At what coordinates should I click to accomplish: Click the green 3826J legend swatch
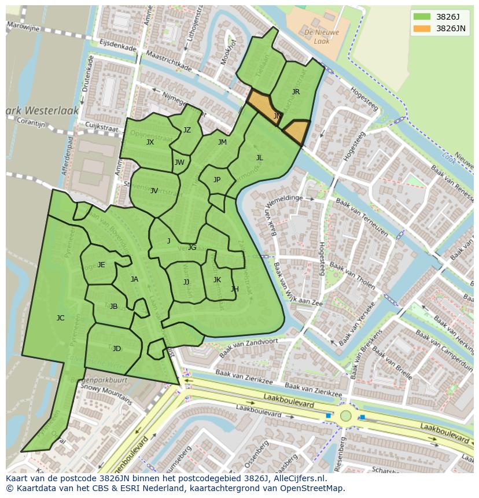(x=422, y=17)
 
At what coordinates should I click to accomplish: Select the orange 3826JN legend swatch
(x=422, y=28)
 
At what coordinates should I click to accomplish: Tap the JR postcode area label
(x=296, y=92)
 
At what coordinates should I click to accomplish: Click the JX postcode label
(x=150, y=142)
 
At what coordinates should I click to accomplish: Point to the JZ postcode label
(x=187, y=130)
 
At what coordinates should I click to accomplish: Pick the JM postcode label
(x=222, y=142)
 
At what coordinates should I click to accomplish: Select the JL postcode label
(x=259, y=158)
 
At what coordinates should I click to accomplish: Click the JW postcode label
(x=179, y=163)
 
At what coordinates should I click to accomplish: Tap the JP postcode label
(x=217, y=180)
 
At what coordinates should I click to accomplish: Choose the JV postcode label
(x=154, y=191)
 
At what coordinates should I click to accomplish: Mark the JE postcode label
(x=101, y=265)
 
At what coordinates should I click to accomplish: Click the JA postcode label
(x=134, y=279)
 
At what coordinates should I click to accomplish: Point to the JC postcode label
(x=60, y=318)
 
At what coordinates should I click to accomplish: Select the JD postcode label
(x=117, y=349)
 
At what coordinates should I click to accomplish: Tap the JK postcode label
(x=217, y=280)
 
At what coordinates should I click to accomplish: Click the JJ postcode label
(x=186, y=282)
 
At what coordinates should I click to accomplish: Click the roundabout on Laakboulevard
(x=345, y=415)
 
